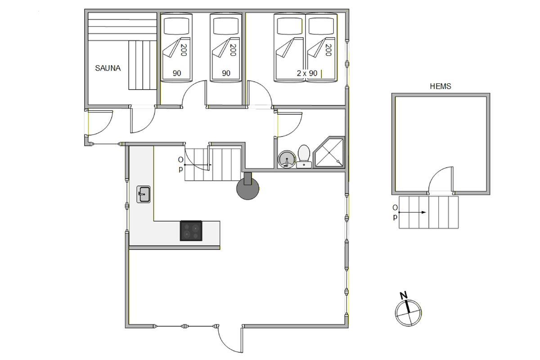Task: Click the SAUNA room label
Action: point(108,68)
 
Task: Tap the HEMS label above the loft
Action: point(441,86)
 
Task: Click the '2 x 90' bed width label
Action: point(307,73)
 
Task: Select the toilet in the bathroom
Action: point(304,156)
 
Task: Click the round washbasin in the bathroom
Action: point(286,159)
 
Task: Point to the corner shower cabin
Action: point(329,152)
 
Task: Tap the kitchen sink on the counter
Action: point(144,194)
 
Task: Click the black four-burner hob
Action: point(191,231)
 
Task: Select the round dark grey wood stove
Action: point(247,188)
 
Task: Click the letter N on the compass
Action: point(404,295)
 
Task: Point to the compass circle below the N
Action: point(409,313)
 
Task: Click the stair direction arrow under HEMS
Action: point(412,212)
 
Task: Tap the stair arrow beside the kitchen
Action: point(198,165)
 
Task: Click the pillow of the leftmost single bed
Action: point(176,26)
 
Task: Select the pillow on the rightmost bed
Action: point(321,26)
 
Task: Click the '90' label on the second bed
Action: point(226,73)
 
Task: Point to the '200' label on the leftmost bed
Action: point(184,50)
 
